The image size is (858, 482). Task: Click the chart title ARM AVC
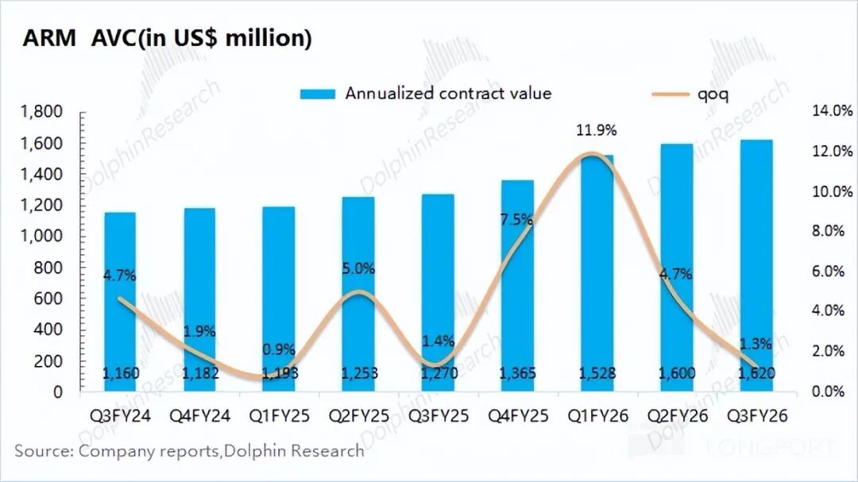[167, 38]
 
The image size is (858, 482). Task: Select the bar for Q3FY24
[119, 302]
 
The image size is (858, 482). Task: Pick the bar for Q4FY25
[517, 286]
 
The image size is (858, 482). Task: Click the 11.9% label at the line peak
[597, 130]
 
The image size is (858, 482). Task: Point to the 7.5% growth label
[516, 220]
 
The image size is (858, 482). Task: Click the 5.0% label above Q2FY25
[358, 268]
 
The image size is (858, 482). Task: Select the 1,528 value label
[597, 372]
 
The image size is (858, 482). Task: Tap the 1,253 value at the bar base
[358, 372]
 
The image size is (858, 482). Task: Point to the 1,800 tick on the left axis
[40, 113]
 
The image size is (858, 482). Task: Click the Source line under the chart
[189, 451]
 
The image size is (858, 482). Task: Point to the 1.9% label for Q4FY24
[199, 331]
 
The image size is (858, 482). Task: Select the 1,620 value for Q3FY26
[756, 372]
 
